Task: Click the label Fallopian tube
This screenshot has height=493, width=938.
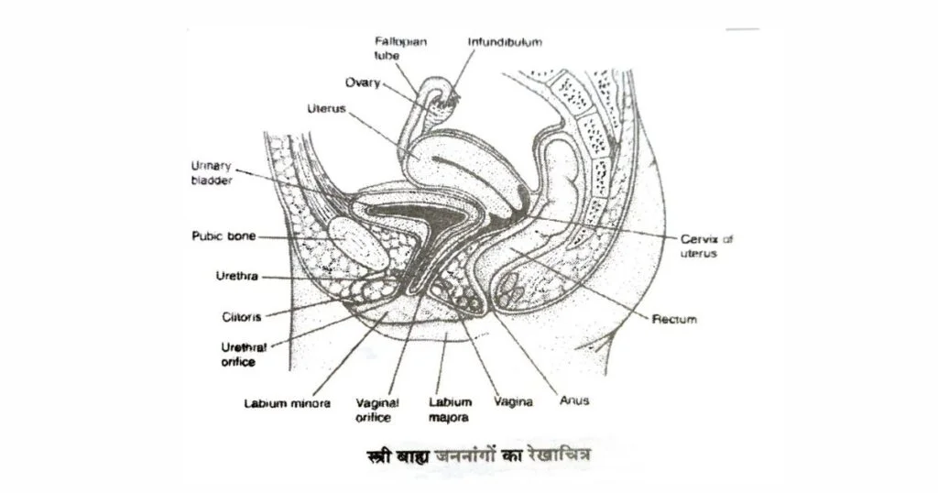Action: click(x=401, y=49)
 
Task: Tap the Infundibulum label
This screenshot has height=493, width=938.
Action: click(x=505, y=42)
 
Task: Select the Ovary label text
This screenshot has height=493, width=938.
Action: click(x=363, y=82)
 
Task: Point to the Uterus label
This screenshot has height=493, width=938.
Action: click(x=327, y=109)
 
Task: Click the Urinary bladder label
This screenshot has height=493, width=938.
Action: click(x=212, y=173)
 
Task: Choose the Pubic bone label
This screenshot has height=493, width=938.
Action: click(x=224, y=236)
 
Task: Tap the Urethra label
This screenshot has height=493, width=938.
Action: click(x=237, y=277)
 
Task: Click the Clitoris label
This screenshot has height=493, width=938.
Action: click(x=242, y=317)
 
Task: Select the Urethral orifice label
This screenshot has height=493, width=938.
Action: click(x=244, y=355)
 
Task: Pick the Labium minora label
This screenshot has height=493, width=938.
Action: click(x=287, y=403)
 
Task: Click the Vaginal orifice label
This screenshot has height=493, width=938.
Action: click(x=377, y=411)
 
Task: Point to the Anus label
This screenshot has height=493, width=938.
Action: click(x=574, y=400)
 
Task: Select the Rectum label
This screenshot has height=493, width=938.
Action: click(x=674, y=320)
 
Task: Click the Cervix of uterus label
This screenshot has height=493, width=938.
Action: click(x=706, y=246)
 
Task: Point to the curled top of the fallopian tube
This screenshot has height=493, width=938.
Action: click(x=440, y=90)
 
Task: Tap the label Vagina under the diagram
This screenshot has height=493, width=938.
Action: click(x=513, y=402)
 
